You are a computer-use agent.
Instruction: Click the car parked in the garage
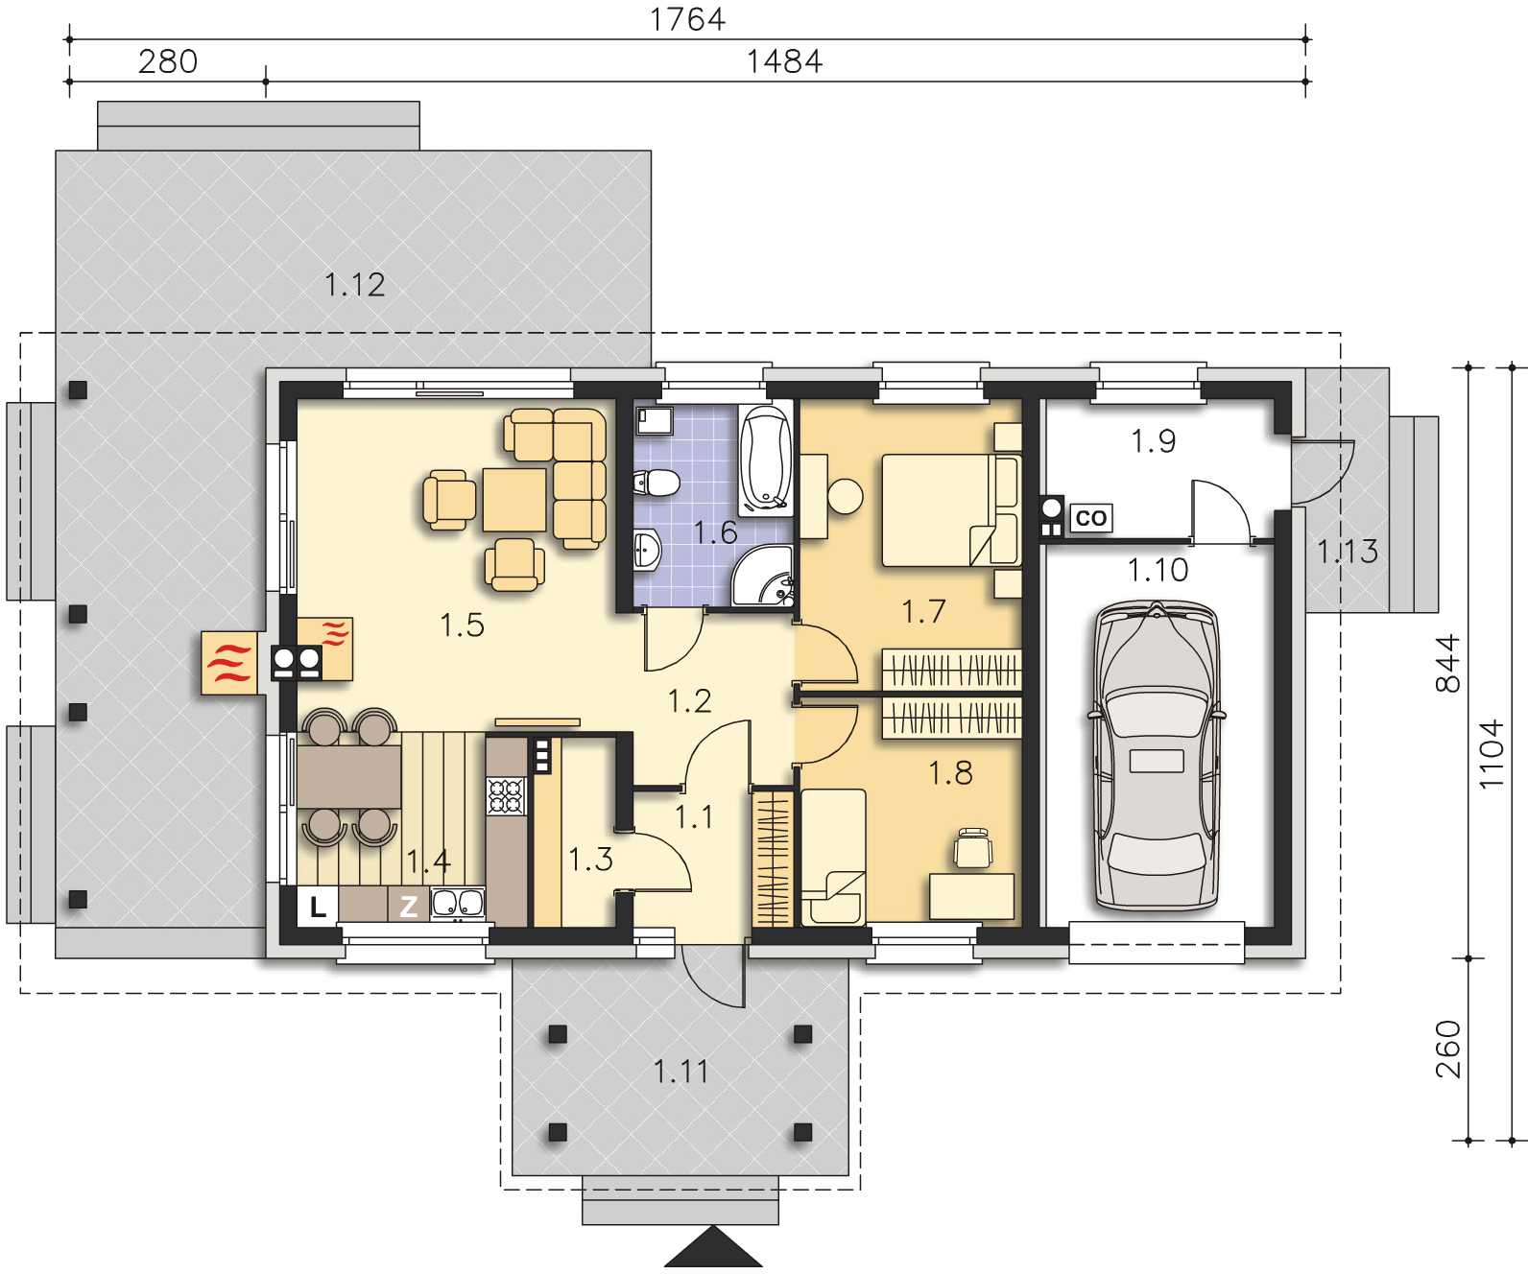(x=1157, y=756)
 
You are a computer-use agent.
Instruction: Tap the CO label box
(x=1090, y=518)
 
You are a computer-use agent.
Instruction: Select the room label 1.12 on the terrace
(x=354, y=285)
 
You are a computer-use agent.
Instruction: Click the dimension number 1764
(x=687, y=19)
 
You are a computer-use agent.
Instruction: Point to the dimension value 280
(x=168, y=61)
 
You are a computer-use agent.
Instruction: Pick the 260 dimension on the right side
(x=1447, y=1050)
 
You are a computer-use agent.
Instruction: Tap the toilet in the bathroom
(x=657, y=482)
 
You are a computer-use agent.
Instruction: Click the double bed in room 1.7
(x=950, y=509)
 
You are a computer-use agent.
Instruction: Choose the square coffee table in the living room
(x=514, y=500)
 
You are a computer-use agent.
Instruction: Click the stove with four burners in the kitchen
(x=506, y=796)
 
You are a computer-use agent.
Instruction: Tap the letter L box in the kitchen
(x=318, y=907)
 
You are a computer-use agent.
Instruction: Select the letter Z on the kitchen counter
(x=408, y=907)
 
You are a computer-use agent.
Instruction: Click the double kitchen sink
(x=458, y=903)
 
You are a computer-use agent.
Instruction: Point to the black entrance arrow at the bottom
(x=713, y=1247)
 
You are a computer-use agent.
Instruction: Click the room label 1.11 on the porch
(x=680, y=1073)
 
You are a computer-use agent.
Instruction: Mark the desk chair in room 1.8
(x=973, y=848)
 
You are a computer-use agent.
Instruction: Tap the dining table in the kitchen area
(x=349, y=777)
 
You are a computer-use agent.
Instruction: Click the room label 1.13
(x=1348, y=551)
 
